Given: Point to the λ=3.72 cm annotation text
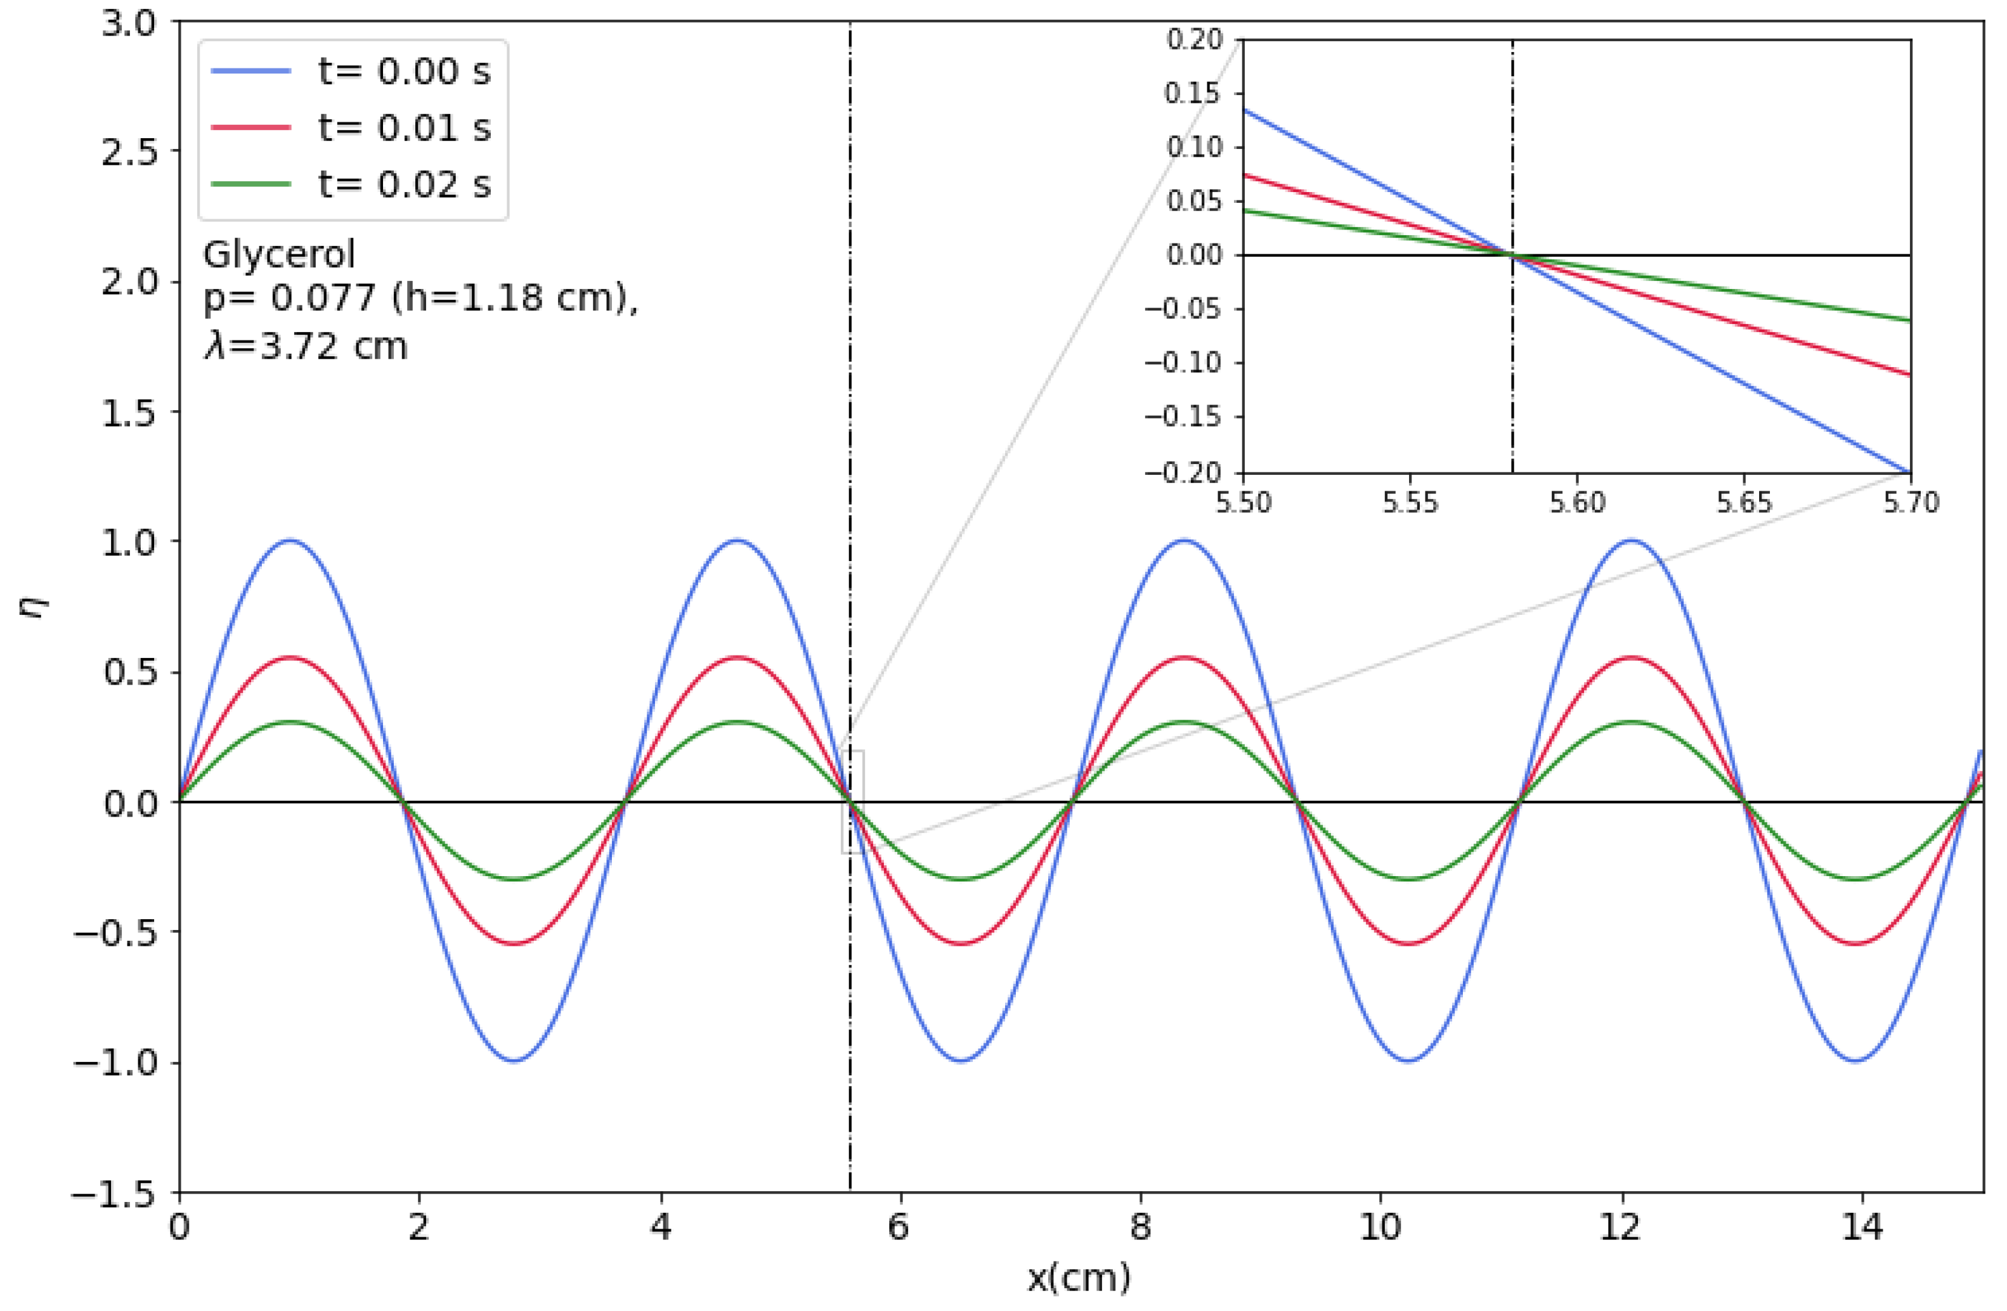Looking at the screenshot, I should pyautogui.click(x=305, y=346).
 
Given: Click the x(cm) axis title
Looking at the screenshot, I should pyautogui.click(x=1079, y=1278).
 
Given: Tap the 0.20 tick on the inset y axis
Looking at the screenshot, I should pyautogui.click(x=1193, y=40).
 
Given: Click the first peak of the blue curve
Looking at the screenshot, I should pyautogui.click(x=291, y=540).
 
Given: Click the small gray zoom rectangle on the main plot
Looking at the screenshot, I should pyautogui.click(x=852, y=801).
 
